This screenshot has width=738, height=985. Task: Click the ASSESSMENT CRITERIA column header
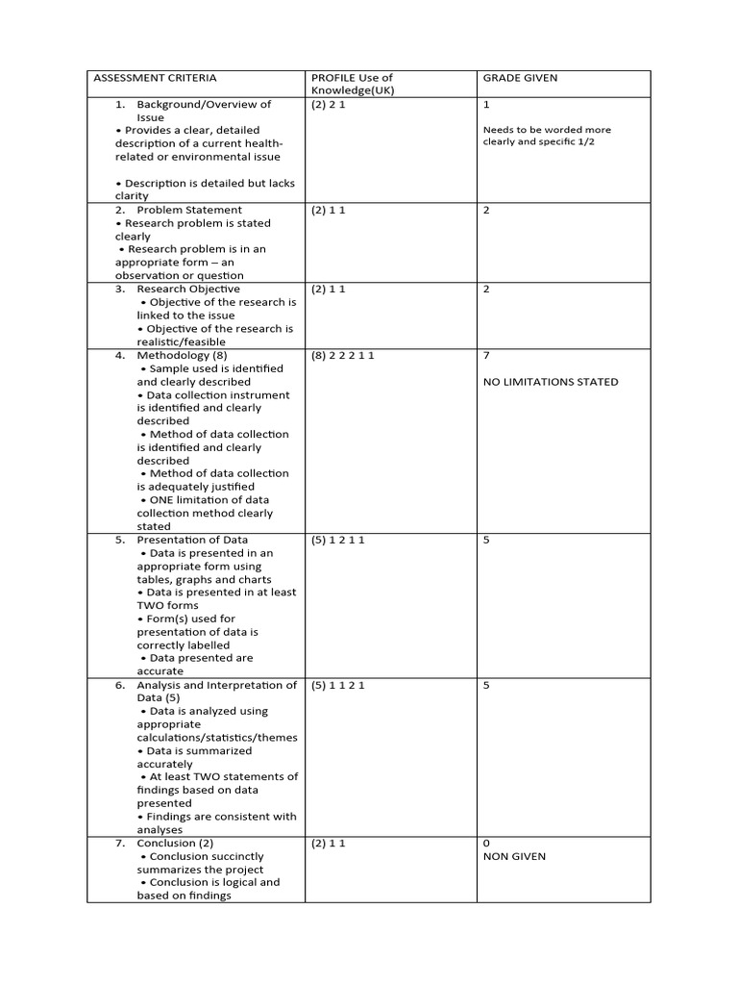coord(155,78)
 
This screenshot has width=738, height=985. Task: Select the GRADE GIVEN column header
coord(519,78)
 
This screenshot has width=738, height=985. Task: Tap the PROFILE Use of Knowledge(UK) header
coord(352,84)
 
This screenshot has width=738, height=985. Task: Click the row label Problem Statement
coord(189,210)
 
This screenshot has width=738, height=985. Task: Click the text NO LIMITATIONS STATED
coord(551,382)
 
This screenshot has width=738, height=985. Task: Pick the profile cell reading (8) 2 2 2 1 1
coord(342,355)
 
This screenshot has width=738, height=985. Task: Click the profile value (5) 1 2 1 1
coord(338,540)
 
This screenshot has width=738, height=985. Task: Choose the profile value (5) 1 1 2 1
coord(338,685)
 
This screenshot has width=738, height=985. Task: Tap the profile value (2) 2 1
coord(328,105)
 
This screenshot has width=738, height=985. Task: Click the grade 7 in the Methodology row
coord(486,355)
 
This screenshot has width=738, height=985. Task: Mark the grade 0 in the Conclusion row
coord(486,843)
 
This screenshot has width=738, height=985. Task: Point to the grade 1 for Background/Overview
coord(486,105)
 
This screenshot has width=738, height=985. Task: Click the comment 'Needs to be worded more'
coord(547,130)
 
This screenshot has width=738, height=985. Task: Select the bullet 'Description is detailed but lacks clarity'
coord(205,189)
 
